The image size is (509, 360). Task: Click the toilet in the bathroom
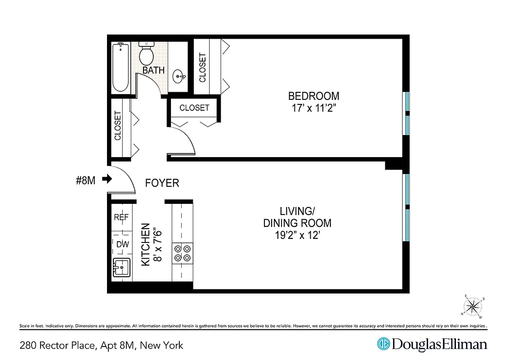click(x=146, y=54)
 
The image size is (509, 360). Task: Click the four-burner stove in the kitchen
click(x=182, y=252)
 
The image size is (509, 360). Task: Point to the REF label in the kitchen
click(x=121, y=217)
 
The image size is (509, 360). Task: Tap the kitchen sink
click(x=121, y=269)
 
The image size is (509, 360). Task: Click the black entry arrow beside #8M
click(x=107, y=179)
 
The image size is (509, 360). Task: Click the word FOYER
click(x=162, y=183)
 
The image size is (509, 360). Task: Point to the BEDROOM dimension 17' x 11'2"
click(x=313, y=108)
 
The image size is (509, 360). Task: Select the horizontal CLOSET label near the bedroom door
click(x=194, y=108)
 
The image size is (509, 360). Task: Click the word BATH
click(x=153, y=71)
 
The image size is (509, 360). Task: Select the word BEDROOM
click(x=313, y=96)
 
